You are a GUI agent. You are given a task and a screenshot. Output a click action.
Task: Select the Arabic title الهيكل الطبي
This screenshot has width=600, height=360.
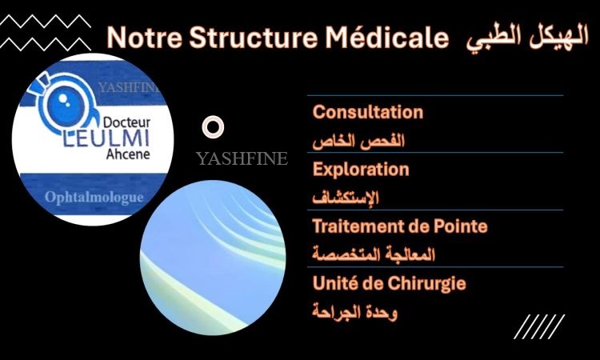527,39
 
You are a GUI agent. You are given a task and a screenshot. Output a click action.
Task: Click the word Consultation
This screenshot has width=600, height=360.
368,112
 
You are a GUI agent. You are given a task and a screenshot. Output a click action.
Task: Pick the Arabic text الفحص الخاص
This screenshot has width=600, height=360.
358,141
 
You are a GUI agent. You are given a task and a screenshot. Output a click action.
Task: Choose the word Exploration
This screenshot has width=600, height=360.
361,169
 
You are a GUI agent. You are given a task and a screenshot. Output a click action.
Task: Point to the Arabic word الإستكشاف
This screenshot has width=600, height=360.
346,198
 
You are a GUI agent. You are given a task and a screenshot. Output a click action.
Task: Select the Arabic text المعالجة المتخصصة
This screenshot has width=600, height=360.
374,254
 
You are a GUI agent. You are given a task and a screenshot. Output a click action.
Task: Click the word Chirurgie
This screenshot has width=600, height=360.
426,284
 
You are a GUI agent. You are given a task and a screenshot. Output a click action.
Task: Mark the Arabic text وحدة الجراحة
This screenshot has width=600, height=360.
354,312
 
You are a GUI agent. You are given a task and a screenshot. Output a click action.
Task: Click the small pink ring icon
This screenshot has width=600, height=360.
213,118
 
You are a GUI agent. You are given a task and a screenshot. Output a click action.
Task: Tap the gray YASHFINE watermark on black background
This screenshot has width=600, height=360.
242,158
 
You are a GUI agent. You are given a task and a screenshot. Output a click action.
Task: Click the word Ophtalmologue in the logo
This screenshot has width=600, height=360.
94,198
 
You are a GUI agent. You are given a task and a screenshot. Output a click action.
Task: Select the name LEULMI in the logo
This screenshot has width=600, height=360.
106,138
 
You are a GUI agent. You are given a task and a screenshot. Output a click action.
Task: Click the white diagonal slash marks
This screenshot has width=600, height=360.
539,326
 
